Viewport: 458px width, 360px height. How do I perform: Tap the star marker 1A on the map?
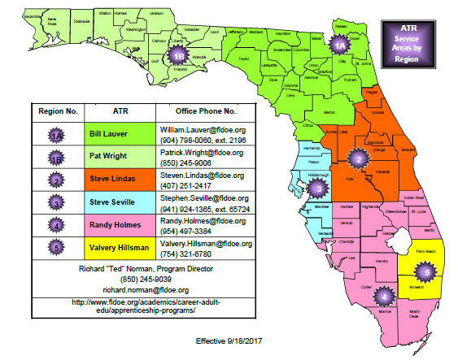coord(341,46)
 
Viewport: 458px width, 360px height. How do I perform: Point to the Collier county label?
coord(368,285)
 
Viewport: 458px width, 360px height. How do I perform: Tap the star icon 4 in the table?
coord(55,224)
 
